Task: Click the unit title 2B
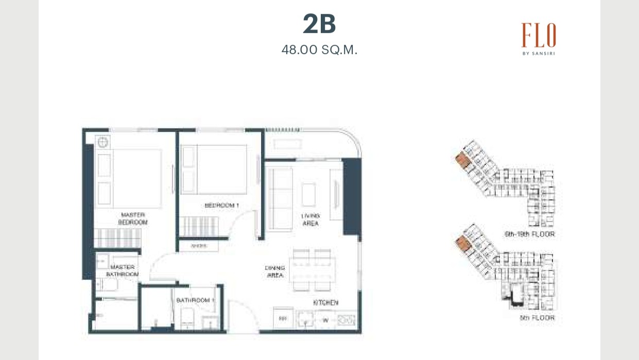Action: pyautogui.click(x=319, y=25)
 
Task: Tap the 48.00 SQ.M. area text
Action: pyautogui.click(x=319, y=50)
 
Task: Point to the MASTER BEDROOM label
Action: pyautogui.click(x=133, y=218)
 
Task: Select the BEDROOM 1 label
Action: pyautogui.click(x=222, y=205)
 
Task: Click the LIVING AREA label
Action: pyautogui.click(x=310, y=219)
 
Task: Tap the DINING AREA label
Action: pyautogui.click(x=275, y=271)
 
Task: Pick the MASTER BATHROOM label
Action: pyautogui.click(x=123, y=270)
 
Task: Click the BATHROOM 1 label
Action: pyautogui.click(x=195, y=300)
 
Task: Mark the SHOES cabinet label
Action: pyautogui.click(x=199, y=246)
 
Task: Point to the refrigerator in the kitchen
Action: pyautogui.click(x=283, y=319)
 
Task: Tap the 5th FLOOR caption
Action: pyautogui.click(x=537, y=318)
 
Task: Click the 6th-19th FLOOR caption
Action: pyautogui.click(x=530, y=234)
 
